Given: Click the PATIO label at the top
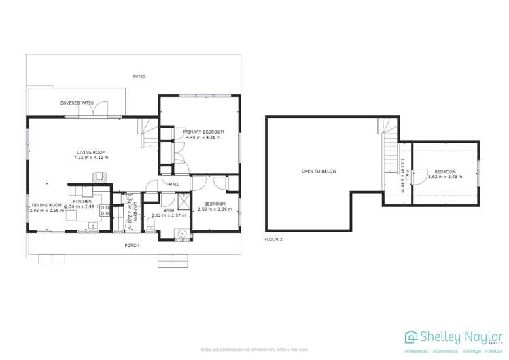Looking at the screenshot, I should (139, 77).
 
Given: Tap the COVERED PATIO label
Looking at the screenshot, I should (76, 103).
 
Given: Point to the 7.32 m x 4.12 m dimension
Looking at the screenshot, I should (91, 158).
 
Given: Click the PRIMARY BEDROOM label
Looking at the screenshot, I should (203, 132).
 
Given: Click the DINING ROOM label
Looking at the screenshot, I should (46, 205).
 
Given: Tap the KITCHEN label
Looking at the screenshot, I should (82, 202).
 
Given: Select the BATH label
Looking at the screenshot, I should (168, 211).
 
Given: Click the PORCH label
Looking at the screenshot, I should (132, 245).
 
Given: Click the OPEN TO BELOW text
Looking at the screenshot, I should (319, 171).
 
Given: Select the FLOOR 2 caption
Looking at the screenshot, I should (273, 240).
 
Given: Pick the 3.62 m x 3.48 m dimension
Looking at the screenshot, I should (445, 177).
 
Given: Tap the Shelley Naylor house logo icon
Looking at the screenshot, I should (411, 337).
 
